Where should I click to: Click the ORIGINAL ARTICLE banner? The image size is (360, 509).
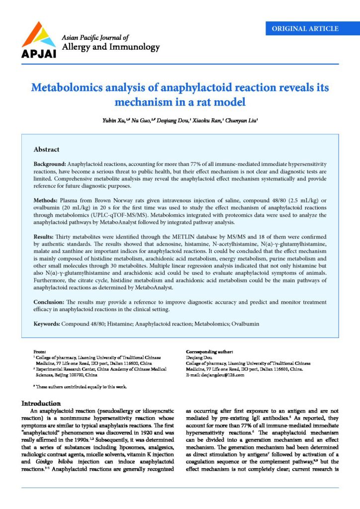click(305, 28)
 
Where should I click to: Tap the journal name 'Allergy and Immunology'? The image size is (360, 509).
click(110, 48)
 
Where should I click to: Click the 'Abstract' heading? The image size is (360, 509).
click(46, 149)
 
